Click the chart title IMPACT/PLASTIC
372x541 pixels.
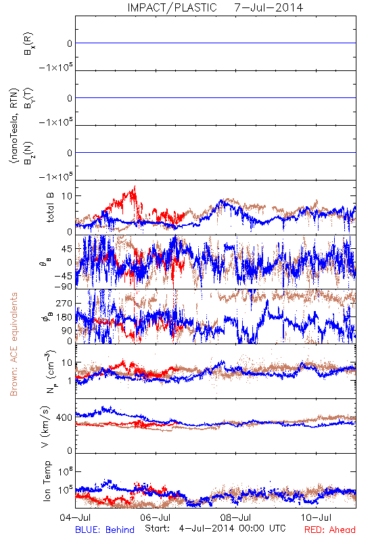(x=172, y=7)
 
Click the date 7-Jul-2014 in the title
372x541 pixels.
(x=269, y=7)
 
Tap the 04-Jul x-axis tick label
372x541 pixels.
(x=75, y=517)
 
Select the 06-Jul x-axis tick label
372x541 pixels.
(x=156, y=517)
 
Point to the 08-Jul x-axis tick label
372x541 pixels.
(x=236, y=517)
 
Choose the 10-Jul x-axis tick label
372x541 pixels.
(x=317, y=517)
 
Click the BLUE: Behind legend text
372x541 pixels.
(x=105, y=530)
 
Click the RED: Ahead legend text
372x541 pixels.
(x=330, y=530)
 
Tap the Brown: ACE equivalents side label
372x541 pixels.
(x=14, y=344)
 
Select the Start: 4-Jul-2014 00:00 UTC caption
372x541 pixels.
(x=215, y=528)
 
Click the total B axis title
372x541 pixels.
(x=50, y=208)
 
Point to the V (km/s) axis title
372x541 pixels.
(x=46, y=427)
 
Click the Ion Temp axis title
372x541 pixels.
(x=47, y=481)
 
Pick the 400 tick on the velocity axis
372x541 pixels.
(x=64, y=418)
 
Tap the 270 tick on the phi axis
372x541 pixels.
(x=64, y=303)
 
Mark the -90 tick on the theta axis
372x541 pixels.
(x=63, y=286)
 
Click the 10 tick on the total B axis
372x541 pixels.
(x=67, y=196)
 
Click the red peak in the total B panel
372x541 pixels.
(x=135, y=187)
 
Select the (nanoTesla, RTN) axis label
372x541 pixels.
(x=14, y=126)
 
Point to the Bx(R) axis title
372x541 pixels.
(x=28, y=43)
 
